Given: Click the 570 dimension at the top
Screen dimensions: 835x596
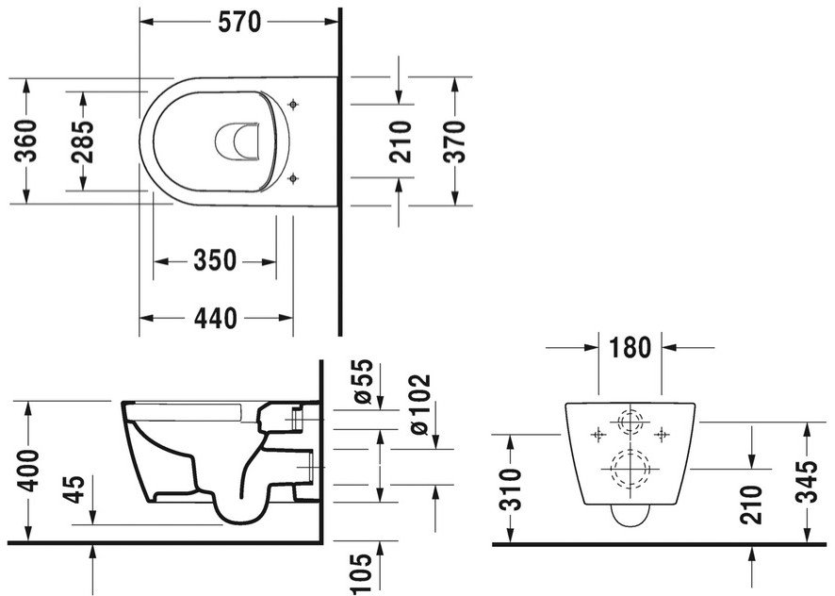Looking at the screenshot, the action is click(239, 22).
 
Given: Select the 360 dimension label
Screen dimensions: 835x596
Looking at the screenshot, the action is click(25, 141).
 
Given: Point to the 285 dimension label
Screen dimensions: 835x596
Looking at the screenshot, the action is click(83, 141).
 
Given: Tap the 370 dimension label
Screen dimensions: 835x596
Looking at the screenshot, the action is click(454, 141).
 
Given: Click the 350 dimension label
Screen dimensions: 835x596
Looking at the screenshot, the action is click(215, 260).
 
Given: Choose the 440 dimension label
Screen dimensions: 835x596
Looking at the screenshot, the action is click(215, 318).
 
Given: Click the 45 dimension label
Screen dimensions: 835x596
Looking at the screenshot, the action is click(75, 489).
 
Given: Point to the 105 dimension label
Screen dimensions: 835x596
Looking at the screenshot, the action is click(362, 574).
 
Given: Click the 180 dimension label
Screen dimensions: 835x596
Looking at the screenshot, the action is click(630, 348).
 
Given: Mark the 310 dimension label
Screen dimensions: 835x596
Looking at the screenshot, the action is click(513, 490).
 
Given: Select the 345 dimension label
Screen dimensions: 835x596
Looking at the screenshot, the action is click(806, 481).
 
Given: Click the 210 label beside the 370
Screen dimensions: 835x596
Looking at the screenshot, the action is click(401, 141).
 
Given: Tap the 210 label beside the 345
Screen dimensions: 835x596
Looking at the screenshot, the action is click(752, 505).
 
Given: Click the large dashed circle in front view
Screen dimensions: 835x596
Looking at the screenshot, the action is click(630, 451).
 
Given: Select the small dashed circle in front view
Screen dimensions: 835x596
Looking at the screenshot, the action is click(630, 410).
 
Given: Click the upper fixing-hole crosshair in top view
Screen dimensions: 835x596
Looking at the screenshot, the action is click(292, 105).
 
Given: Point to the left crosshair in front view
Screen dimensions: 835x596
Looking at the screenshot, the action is click(598, 435).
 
